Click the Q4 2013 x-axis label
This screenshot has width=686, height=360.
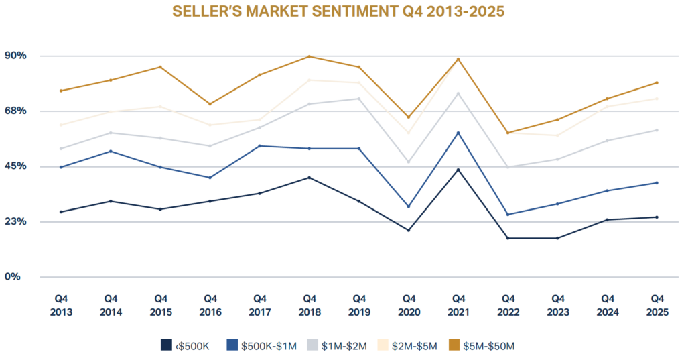[61, 305]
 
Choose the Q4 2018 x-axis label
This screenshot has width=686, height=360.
[309, 305]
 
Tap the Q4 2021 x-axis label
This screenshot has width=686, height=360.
[458, 305]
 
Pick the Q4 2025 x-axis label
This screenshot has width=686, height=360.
[657, 305]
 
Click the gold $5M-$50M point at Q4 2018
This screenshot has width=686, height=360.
[309, 56]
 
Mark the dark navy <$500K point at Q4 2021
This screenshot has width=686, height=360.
[458, 170]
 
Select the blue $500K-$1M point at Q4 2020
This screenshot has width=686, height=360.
[409, 206]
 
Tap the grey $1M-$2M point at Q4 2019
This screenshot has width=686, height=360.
[359, 99]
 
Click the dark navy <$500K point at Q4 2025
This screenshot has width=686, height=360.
[657, 217]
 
